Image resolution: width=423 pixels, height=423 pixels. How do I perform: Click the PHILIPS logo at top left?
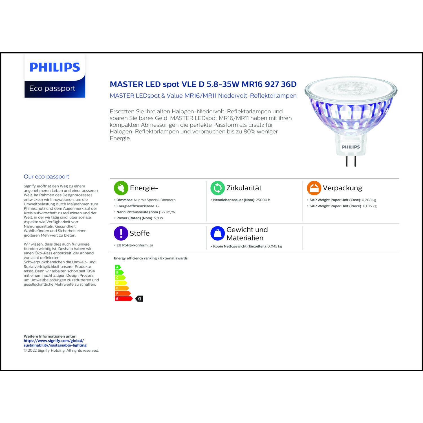[x=55, y=67]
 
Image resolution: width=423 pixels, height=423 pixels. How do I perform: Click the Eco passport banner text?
[x=52, y=89]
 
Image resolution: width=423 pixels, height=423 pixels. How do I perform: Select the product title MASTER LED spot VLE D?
[x=203, y=84]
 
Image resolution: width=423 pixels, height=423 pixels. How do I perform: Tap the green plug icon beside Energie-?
[x=121, y=188]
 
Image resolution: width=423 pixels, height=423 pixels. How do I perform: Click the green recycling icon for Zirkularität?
[x=217, y=188]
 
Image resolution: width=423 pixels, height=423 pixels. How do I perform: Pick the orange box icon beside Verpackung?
[x=314, y=188]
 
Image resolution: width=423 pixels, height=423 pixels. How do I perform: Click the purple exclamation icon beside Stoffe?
[x=121, y=233]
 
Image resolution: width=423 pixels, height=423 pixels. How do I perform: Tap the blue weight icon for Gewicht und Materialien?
[x=217, y=233]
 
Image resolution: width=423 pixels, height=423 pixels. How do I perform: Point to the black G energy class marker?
[x=139, y=299]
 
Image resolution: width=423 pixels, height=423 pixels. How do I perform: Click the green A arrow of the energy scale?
[x=118, y=267]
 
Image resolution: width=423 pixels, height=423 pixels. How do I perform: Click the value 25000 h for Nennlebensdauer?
[x=263, y=200]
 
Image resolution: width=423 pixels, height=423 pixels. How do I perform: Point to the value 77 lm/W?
[x=168, y=212]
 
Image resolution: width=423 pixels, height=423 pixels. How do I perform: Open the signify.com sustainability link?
[x=55, y=343]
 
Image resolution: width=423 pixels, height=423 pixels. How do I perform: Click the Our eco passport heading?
[x=46, y=177]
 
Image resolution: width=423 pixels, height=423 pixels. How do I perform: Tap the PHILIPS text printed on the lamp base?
[x=351, y=147]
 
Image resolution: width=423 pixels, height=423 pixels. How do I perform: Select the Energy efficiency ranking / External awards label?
[x=151, y=258]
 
